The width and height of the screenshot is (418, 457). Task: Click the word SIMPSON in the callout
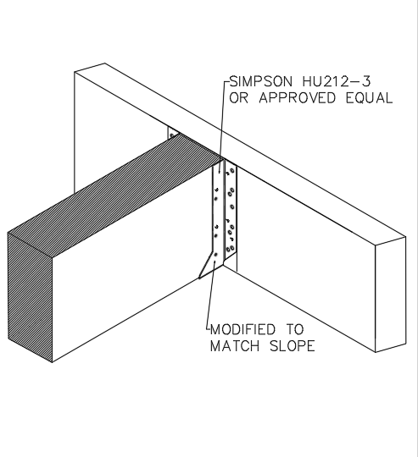260,81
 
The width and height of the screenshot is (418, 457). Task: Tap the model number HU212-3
337,81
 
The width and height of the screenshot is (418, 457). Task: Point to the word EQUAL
370,97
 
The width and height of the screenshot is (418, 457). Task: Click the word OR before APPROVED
238,97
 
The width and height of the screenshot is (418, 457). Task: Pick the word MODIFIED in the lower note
242,329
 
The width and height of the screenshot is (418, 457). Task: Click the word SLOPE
293,346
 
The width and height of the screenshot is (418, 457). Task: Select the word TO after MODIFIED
294,329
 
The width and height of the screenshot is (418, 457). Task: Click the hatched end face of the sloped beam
30,295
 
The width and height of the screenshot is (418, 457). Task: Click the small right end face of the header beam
390,295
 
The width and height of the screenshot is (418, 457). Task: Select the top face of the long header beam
239,150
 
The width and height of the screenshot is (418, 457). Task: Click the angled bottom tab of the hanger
211,266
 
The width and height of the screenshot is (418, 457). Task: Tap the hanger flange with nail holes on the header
231,212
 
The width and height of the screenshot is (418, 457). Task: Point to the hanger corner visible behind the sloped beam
172,134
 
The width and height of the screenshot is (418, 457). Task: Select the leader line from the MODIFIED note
211,295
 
